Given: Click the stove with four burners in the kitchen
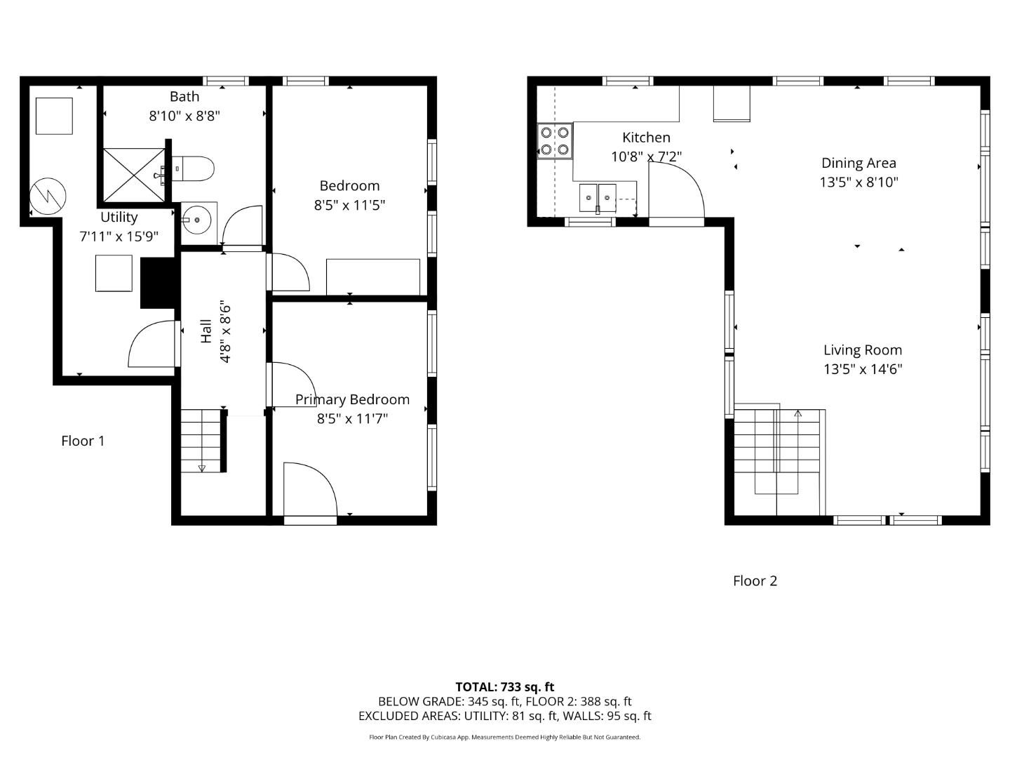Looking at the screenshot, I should tap(554, 140).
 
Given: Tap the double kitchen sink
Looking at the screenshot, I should tap(598, 198).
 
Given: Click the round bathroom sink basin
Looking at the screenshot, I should tap(198, 221).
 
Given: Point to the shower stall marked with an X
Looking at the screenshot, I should tap(134, 174).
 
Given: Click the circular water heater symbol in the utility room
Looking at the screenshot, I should tap(48, 196).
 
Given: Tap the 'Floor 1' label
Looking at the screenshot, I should tap(83, 441).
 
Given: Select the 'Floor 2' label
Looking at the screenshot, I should tap(755, 580).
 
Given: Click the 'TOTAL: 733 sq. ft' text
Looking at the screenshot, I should tap(504, 686).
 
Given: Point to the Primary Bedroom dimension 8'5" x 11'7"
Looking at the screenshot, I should tap(352, 419).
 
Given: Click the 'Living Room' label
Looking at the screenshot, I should tap(862, 350).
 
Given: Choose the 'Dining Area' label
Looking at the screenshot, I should tap(858, 163).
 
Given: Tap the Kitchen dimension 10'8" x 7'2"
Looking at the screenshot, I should tap(646, 157).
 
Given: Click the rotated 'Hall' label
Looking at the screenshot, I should tap(206, 331).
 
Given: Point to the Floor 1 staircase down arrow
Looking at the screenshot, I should tap(202, 467).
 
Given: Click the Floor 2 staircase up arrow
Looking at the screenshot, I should tap(797, 414).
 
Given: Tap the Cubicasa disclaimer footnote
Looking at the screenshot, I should tap(504, 737).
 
